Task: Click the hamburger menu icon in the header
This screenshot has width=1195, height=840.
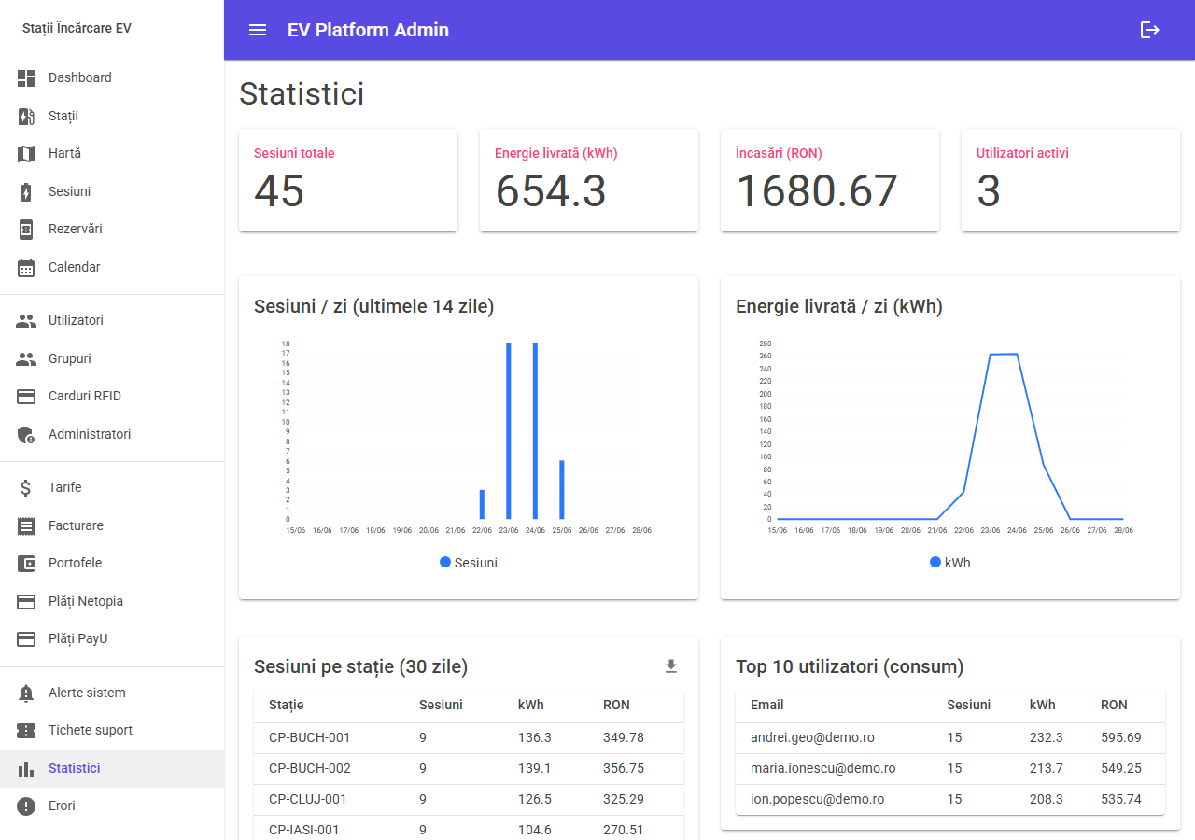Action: (x=258, y=30)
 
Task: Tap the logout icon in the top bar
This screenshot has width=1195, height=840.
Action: (x=1149, y=30)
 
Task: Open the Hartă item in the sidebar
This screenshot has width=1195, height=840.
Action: (x=64, y=154)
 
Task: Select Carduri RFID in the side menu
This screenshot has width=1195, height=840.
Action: (x=85, y=396)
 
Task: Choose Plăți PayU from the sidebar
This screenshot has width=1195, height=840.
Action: (x=77, y=638)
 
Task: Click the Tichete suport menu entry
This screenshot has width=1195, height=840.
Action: (x=91, y=730)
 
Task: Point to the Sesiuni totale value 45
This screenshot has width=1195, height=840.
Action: (x=279, y=191)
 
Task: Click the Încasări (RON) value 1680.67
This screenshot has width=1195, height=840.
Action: (x=817, y=191)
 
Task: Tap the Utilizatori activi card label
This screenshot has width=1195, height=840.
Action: (x=1022, y=153)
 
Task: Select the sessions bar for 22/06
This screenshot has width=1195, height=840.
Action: (x=483, y=505)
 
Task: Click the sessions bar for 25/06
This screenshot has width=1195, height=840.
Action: (x=562, y=490)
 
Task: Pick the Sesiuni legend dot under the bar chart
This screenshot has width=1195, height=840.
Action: (x=445, y=562)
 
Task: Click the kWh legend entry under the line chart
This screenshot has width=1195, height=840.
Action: (x=950, y=563)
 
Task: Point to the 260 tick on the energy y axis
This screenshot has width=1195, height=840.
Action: (x=765, y=356)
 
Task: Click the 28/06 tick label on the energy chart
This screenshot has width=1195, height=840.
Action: (x=1123, y=530)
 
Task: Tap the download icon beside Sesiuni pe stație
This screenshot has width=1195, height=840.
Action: (x=671, y=666)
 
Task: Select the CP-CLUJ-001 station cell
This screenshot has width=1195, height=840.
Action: (x=307, y=799)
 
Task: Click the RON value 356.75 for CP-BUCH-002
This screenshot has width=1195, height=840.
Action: (x=624, y=768)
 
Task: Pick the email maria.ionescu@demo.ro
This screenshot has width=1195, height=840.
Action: (x=822, y=768)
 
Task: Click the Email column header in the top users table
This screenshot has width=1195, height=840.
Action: (x=766, y=705)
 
